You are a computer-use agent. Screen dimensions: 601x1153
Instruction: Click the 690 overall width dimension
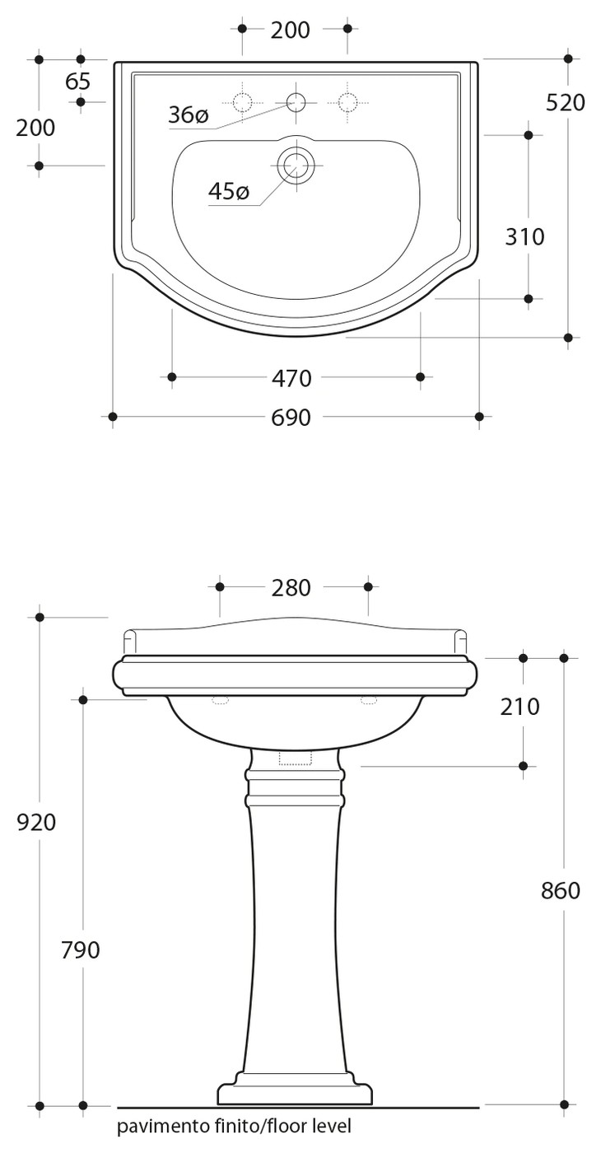click(x=291, y=418)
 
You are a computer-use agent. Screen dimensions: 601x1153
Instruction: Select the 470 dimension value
click(x=291, y=378)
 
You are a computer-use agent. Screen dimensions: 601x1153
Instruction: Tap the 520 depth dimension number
click(x=565, y=103)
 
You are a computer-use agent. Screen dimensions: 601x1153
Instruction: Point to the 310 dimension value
click(x=524, y=237)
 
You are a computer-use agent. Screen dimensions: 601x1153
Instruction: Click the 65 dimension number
click(x=77, y=82)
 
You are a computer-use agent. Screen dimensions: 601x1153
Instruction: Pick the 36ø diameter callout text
click(x=189, y=115)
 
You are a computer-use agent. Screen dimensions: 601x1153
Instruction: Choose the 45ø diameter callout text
click(x=229, y=191)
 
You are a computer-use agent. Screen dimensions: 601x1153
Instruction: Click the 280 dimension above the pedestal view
click(x=291, y=588)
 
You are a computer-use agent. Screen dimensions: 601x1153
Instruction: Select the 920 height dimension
click(x=36, y=823)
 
